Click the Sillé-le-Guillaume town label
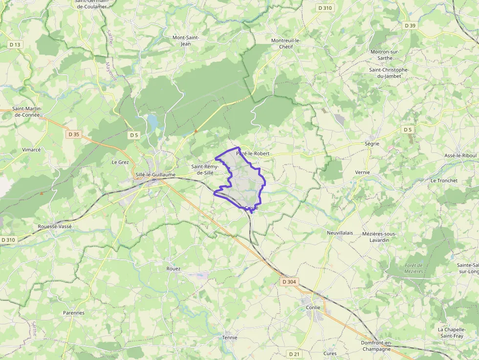(155, 175)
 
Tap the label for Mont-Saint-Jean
(185, 41)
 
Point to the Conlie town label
(313, 307)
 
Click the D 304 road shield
(289, 282)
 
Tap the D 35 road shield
(74, 134)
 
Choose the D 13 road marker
(15, 45)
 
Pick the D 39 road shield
(410, 25)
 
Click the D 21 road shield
(294, 354)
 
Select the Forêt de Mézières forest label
(414, 268)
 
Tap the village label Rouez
(174, 269)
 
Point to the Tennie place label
(230, 338)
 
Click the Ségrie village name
(372, 144)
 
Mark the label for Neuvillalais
(340, 233)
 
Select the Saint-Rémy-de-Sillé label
(205, 169)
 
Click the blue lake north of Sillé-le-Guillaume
(152, 120)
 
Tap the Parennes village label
(74, 313)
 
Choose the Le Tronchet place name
(444, 181)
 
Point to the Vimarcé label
(32, 150)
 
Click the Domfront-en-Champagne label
(376, 346)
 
